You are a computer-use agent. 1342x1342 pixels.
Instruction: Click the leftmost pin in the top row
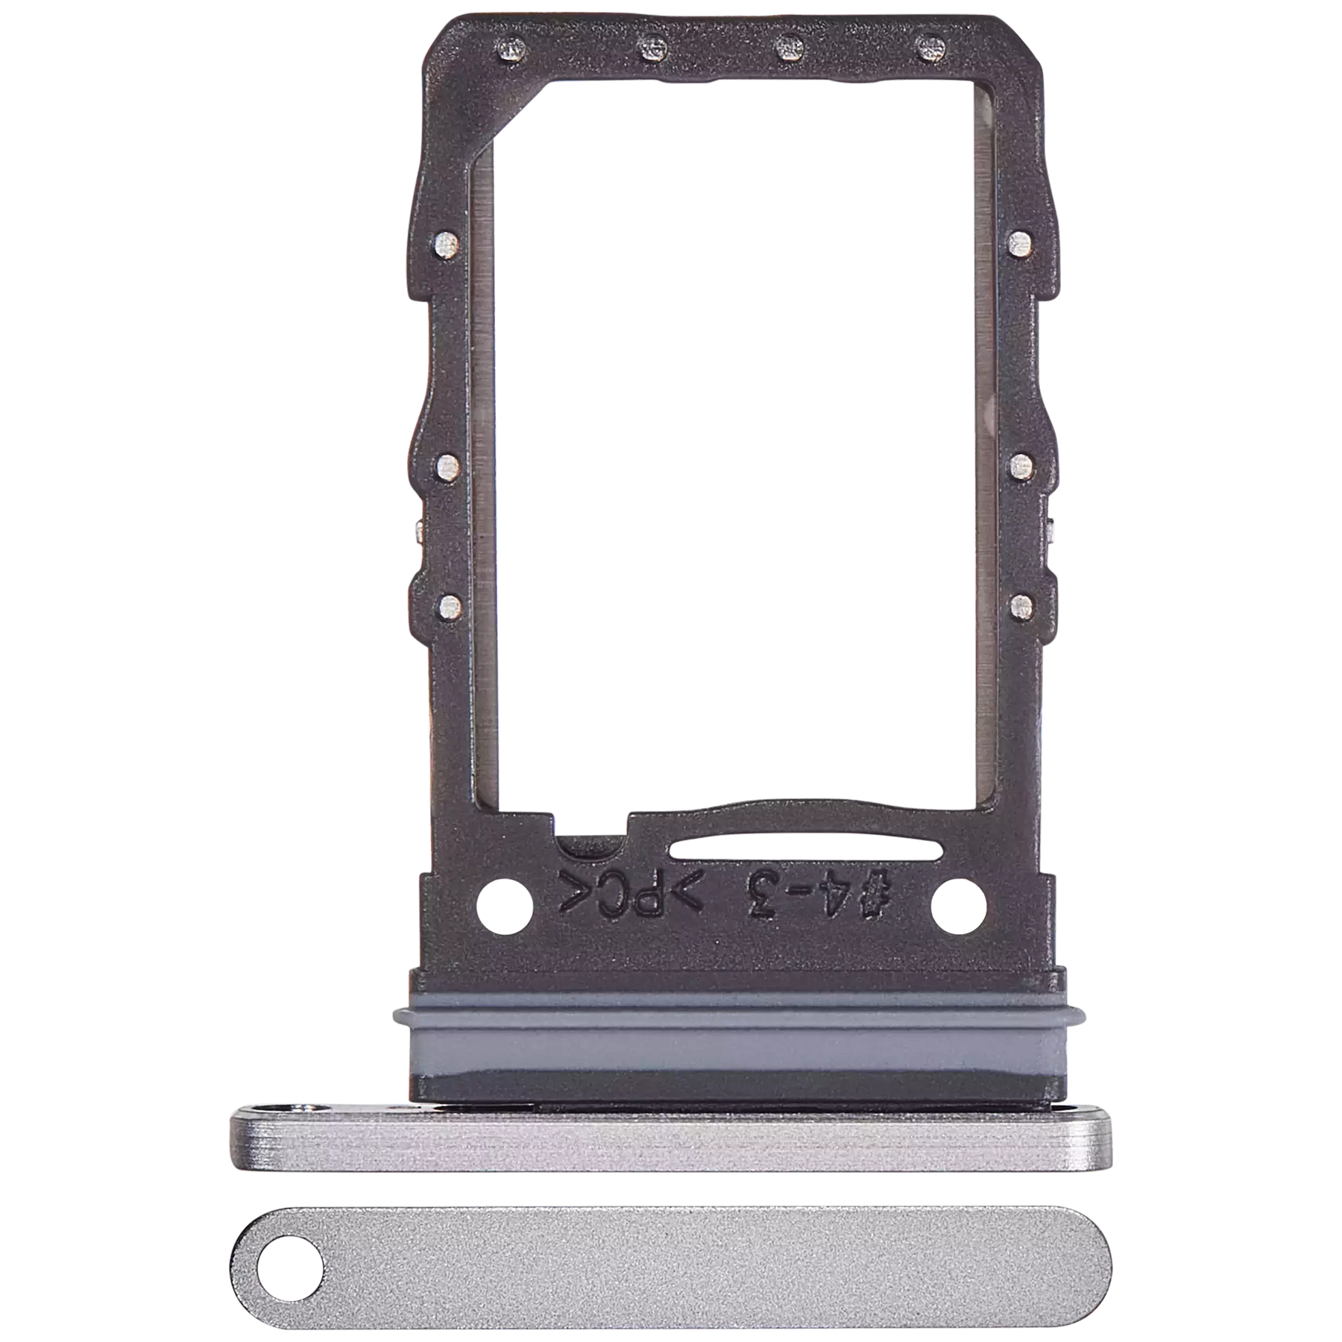[511, 50]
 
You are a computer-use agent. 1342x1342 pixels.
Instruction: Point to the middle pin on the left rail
[447, 467]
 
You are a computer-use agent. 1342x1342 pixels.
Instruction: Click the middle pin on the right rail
[1018, 467]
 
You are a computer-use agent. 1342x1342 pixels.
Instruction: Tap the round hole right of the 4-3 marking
[960, 907]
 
